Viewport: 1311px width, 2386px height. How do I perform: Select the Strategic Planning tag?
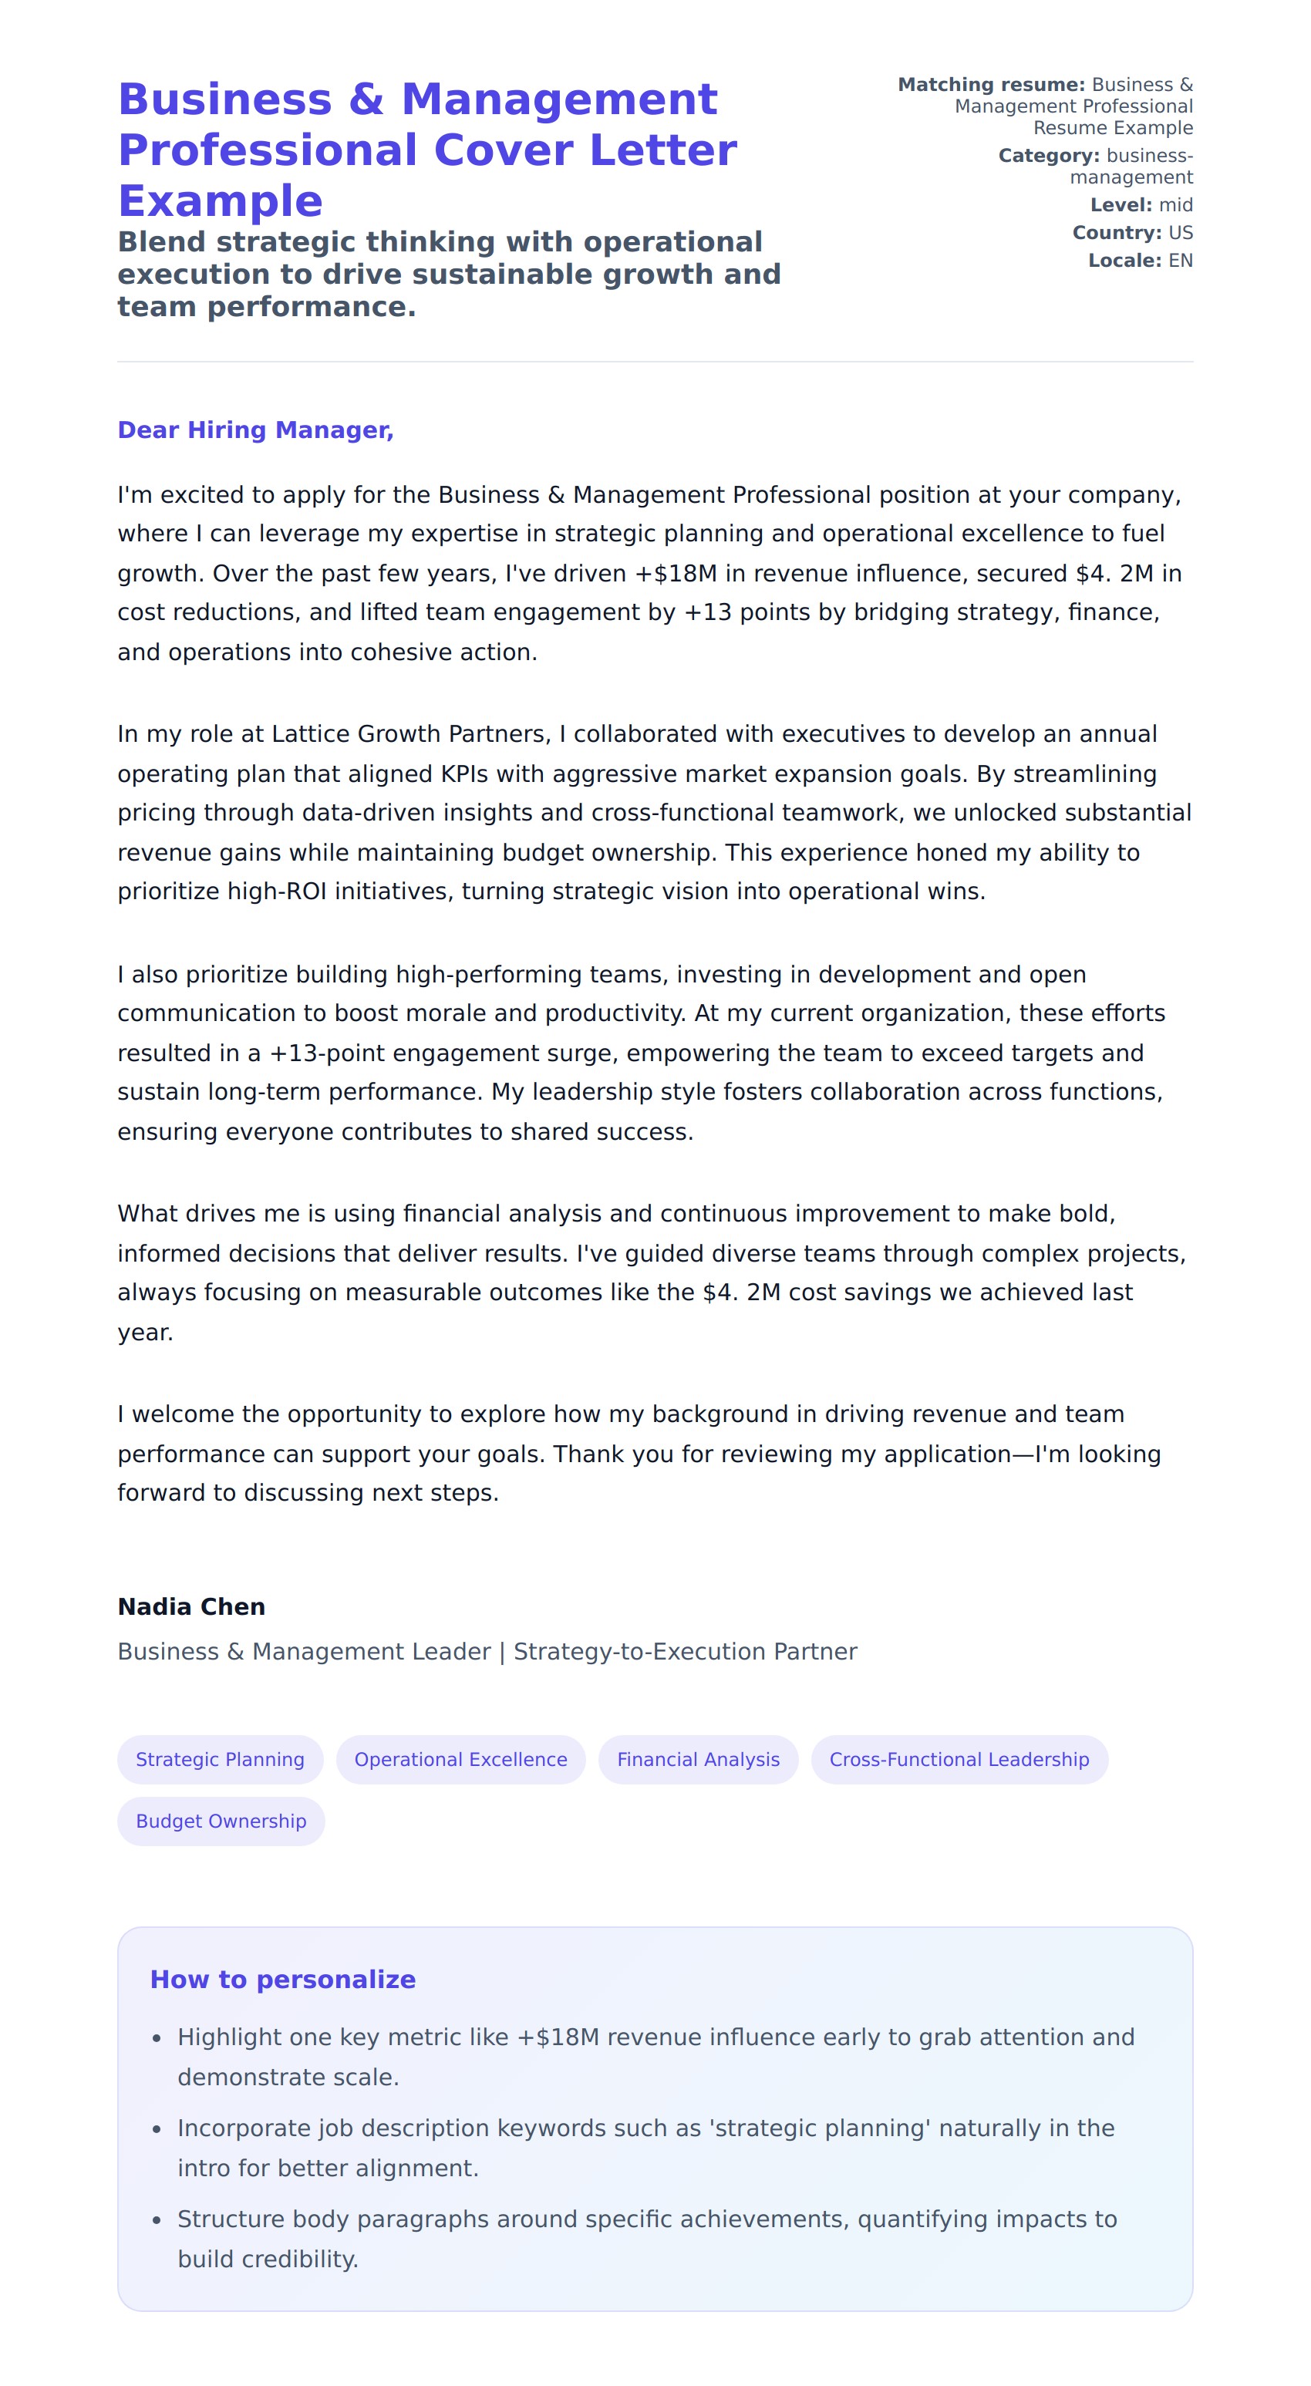click(x=220, y=1759)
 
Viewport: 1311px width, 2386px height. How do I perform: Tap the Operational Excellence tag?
click(x=460, y=1759)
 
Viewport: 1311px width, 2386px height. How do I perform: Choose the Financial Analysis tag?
click(x=698, y=1759)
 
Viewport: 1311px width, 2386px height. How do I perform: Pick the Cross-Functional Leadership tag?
click(x=959, y=1759)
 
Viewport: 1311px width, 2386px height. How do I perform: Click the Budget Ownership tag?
click(x=221, y=1821)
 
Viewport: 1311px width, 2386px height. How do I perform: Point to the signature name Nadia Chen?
click(x=190, y=1607)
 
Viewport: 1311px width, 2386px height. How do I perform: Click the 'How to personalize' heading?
click(x=282, y=1980)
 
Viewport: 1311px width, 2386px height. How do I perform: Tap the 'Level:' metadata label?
click(x=1121, y=204)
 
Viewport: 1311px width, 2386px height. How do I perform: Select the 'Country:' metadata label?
click(x=1117, y=232)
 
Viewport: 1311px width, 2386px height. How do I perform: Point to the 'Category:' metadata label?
click(x=1049, y=156)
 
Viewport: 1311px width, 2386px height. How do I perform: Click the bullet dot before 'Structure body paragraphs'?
click(x=157, y=2220)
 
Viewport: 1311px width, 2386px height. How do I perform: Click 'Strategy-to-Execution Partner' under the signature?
click(x=685, y=1652)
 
